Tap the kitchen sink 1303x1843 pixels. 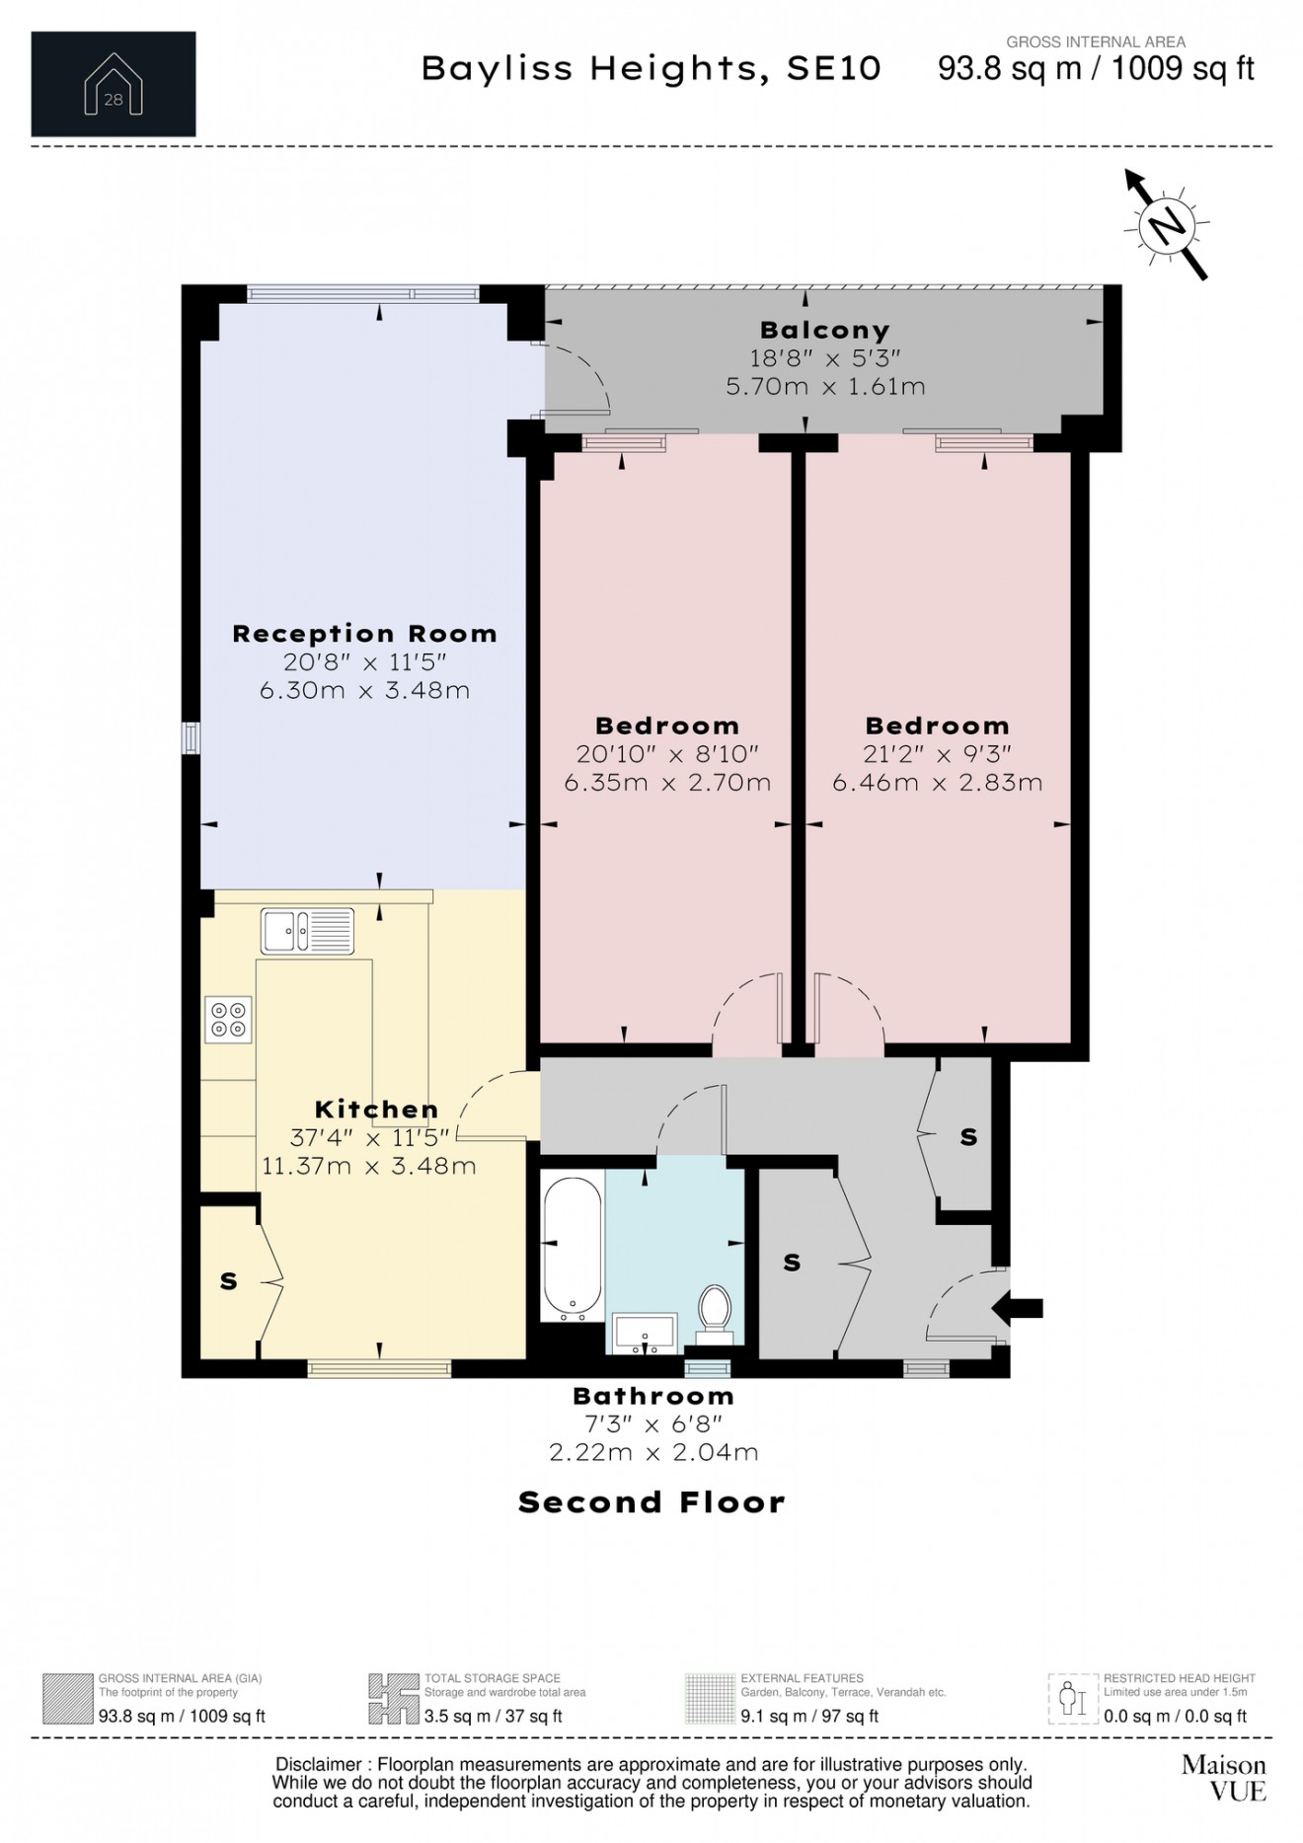coord(307,931)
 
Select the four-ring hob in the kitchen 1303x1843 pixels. coord(228,1020)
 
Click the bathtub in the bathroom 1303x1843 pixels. coord(573,1246)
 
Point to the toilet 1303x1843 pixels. coord(714,1314)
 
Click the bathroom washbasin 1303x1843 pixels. coord(645,1333)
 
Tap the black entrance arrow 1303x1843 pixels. coord(1017,1309)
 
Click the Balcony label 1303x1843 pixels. coord(825,330)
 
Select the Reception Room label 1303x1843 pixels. coord(364,634)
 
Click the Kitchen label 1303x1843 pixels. coord(376,1110)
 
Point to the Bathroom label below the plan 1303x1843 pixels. coord(653,1396)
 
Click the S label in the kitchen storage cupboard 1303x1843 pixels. coord(229,1281)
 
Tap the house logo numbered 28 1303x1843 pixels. coord(114,84)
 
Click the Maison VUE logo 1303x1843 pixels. coord(1224,1777)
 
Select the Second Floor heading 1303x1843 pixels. coord(651,1502)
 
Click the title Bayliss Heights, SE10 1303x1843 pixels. coord(651,68)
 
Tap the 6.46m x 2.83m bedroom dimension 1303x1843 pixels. coord(938,783)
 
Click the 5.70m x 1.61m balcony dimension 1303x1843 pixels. coord(825,386)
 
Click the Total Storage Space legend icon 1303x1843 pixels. coord(393,1698)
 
